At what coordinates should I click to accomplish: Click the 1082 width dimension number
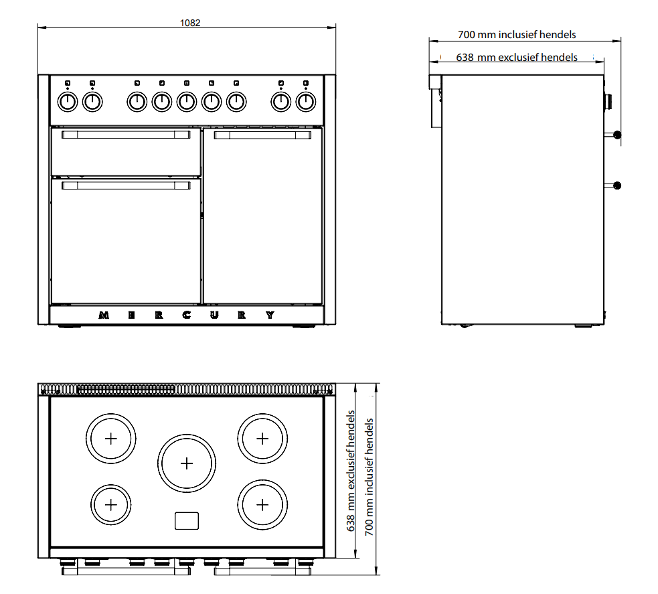(x=190, y=23)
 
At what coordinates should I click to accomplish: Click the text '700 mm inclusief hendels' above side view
(x=517, y=34)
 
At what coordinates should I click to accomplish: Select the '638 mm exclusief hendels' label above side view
(x=517, y=57)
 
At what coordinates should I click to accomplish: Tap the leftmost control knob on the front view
(x=68, y=102)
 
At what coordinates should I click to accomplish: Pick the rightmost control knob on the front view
(x=305, y=102)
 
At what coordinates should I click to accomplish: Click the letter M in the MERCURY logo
(x=104, y=315)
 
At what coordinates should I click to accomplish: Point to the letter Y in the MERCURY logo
(x=270, y=315)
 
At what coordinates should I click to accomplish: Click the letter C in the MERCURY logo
(x=187, y=315)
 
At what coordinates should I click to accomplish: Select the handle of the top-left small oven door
(x=126, y=135)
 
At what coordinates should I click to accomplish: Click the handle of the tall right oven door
(x=262, y=135)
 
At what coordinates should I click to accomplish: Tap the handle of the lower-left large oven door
(x=126, y=185)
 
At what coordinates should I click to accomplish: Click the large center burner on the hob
(x=187, y=463)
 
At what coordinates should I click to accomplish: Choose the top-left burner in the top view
(x=111, y=439)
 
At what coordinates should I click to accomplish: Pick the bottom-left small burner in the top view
(x=111, y=504)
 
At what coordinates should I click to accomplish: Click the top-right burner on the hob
(x=262, y=439)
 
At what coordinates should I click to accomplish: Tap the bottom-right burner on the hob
(x=262, y=504)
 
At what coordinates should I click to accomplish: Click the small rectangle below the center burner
(x=187, y=520)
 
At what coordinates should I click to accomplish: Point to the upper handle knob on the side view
(x=617, y=135)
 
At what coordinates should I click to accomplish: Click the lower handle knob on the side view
(x=617, y=185)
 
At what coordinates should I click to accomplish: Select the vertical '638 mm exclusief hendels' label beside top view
(x=351, y=471)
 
